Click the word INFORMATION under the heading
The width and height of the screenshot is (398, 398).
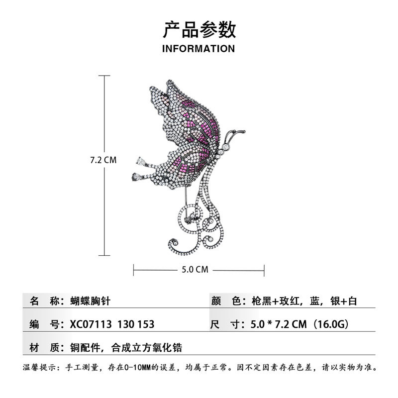199,49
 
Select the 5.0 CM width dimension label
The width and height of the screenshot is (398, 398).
195,270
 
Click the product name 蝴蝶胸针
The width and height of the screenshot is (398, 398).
93,301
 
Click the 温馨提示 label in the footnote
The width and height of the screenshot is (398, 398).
40,369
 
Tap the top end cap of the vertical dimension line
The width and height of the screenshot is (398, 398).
103,76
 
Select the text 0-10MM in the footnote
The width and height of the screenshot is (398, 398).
143,369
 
